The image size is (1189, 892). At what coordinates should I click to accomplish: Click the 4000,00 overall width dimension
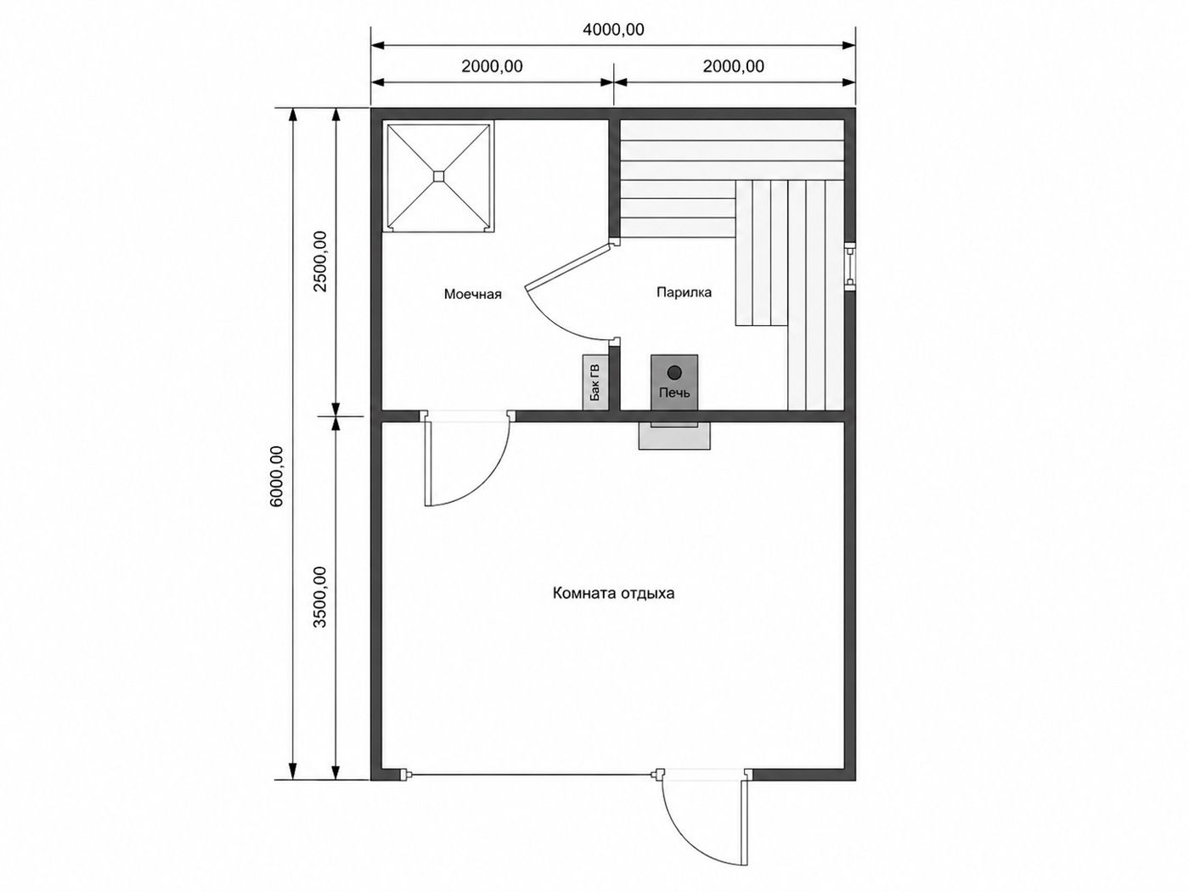click(613, 29)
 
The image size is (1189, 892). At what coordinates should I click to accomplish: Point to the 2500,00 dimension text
click(320, 262)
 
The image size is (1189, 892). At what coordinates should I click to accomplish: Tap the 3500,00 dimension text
click(320, 597)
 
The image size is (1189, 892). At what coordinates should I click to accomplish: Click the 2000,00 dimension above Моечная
click(492, 66)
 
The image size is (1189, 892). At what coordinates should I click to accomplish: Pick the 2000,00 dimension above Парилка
click(734, 66)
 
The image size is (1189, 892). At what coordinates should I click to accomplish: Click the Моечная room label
click(473, 294)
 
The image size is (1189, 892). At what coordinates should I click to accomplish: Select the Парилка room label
click(685, 292)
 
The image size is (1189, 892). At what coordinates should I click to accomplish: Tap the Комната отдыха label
click(613, 594)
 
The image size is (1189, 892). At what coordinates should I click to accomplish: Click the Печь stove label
click(674, 392)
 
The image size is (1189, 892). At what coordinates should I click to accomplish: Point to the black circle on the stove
click(674, 373)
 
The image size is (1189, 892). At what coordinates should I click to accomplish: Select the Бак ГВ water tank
click(595, 382)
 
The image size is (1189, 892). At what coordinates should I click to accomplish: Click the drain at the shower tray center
click(438, 176)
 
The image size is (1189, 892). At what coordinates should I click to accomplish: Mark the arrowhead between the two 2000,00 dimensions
click(613, 82)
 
